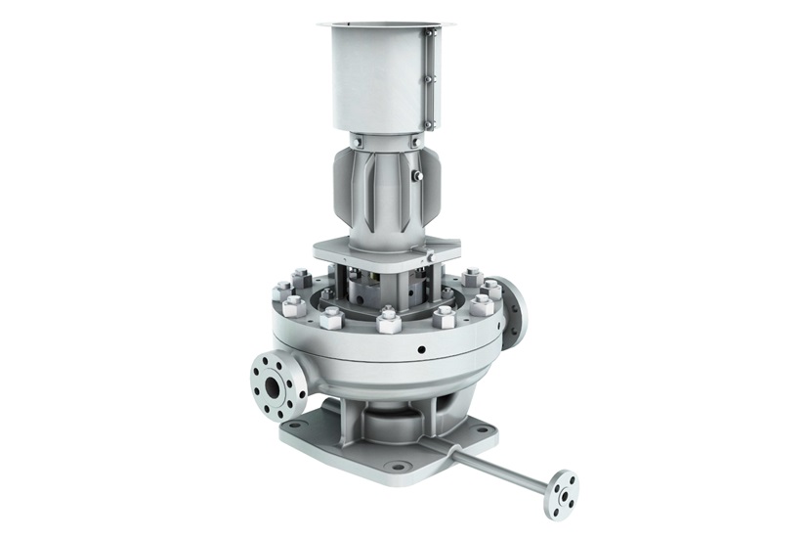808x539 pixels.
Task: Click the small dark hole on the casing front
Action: point(419,348)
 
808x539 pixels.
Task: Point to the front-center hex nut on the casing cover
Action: point(388,320)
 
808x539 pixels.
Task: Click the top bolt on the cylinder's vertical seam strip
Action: point(429,39)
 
